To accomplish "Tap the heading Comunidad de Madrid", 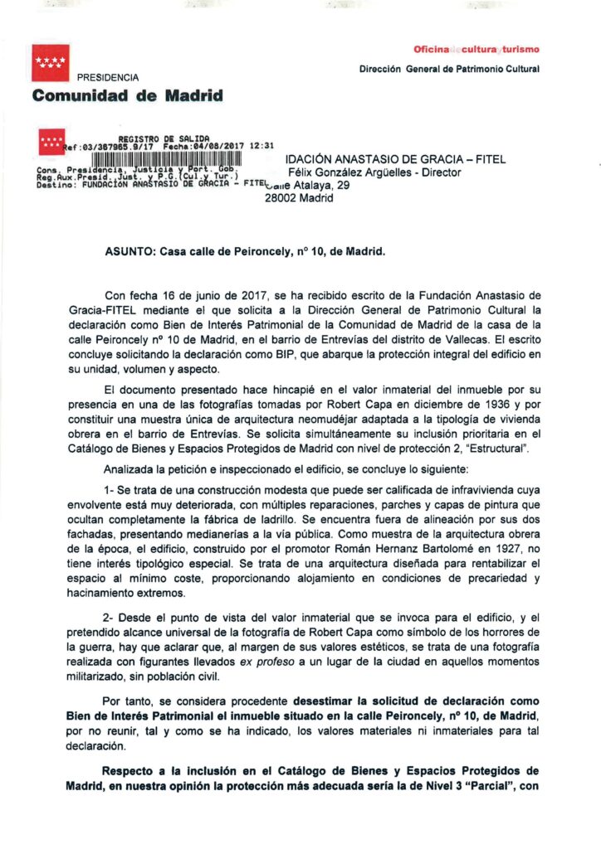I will tap(128, 95).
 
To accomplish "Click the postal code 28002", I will tap(280, 198).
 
